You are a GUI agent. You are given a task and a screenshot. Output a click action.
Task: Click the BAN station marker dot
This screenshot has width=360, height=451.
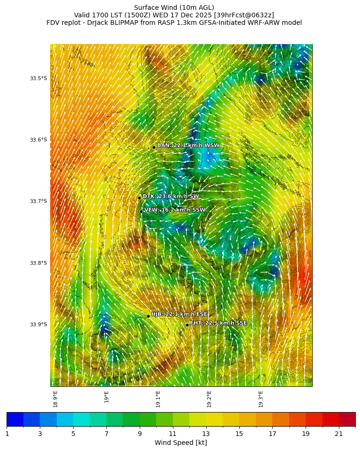tap(154, 147)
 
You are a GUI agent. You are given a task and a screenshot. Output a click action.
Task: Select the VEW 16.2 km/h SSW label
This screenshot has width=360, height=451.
tap(174, 210)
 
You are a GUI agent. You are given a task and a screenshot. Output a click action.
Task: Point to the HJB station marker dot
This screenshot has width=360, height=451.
tap(148, 316)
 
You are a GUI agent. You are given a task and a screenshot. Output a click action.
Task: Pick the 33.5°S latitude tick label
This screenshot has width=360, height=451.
tap(38, 78)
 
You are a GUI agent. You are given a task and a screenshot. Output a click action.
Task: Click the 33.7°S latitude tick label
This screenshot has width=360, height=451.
tap(38, 201)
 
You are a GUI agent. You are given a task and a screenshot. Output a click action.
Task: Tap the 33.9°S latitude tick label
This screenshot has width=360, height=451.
tap(38, 324)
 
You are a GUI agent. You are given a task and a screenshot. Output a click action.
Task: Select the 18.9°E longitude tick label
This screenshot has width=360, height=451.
tap(56, 399)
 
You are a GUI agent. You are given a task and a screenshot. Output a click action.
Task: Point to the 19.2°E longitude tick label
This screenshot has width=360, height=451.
tap(210, 399)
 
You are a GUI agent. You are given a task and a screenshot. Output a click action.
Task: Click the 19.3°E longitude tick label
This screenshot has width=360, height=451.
tap(261, 399)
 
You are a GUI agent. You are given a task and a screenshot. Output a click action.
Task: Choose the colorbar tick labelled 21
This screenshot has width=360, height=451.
tap(339, 434)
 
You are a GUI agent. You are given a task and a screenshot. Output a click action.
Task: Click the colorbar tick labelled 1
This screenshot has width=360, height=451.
tap(7, 434)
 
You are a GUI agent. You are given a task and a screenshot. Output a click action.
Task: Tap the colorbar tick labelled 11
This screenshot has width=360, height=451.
tap(173, 434)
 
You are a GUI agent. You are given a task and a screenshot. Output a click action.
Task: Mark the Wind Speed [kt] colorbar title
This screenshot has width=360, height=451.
tap(180, 443)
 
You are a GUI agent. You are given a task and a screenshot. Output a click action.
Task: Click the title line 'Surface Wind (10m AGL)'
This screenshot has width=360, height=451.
tap(174, 8)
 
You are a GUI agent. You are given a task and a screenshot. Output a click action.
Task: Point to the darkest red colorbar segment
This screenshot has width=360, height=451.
tap(347, 419)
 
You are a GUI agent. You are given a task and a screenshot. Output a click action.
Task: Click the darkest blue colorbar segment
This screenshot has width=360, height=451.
tap(15, 419)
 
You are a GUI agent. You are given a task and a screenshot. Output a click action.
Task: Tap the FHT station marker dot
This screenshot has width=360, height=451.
tap(187, 325)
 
